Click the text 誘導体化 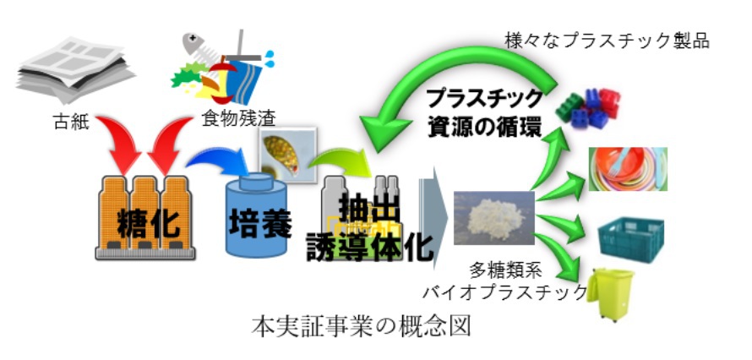[371, 246]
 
